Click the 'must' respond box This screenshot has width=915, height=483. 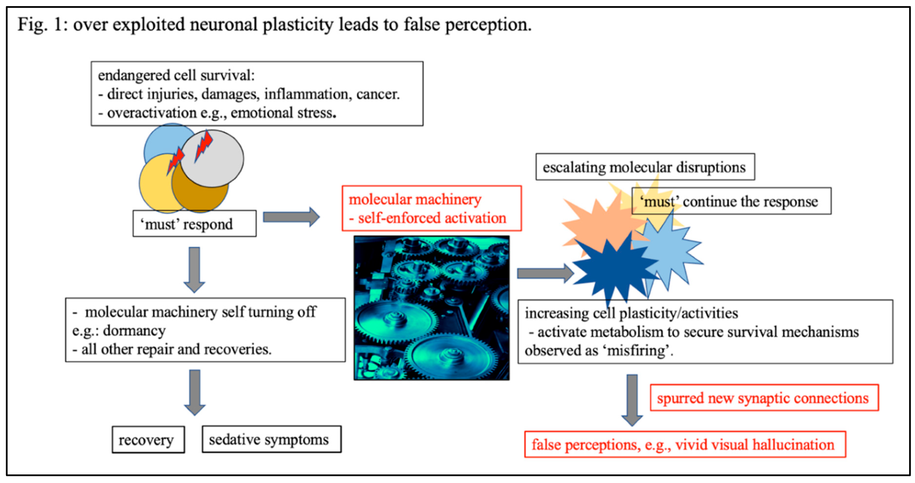194,224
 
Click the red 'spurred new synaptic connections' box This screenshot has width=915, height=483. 764,398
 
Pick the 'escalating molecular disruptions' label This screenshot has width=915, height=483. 645,167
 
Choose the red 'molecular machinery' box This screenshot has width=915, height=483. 432,208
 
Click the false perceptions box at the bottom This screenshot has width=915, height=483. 685,444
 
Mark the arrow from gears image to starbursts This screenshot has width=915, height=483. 545,273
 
